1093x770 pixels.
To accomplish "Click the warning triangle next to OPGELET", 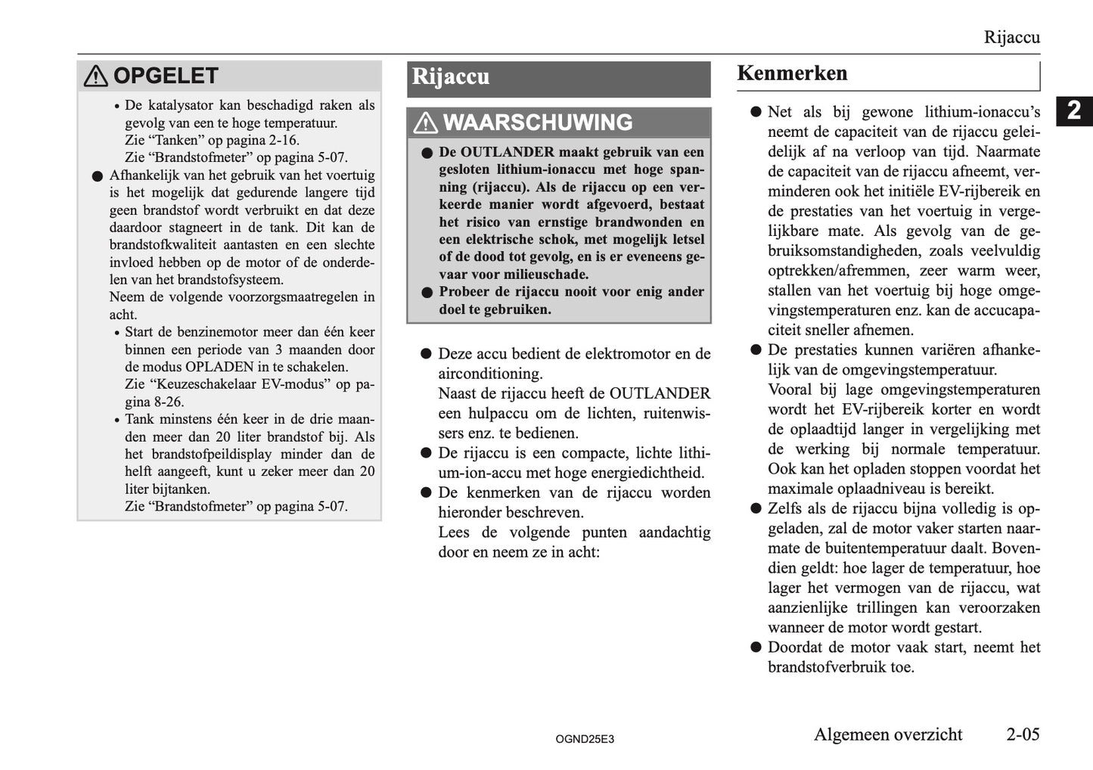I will click(x=95, y=76).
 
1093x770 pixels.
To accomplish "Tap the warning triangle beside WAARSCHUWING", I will click(x=425, y=123).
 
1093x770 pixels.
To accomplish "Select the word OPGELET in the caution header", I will click(x=166, y=76).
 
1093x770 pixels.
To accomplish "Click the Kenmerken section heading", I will click(x=792, y=73).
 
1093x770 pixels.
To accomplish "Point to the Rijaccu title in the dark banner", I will click(x=450, y=77).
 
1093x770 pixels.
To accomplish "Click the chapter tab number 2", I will click(x=1074, y=111).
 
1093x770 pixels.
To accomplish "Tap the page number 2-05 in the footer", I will click(x=1023, y=734).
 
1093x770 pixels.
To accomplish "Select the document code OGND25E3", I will click(x=584, y=739).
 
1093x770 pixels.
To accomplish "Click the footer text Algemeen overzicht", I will click(x=888, y=734).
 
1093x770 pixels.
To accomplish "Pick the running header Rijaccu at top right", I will click(x=1011, y=37).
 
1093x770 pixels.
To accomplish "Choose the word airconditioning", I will click(x=490, y=374).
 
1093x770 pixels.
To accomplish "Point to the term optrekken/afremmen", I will click(x=839, y=270).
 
